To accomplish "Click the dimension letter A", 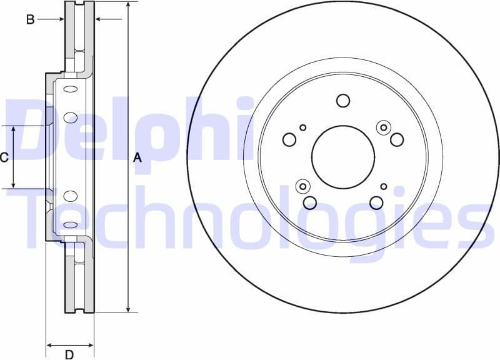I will [138, 159].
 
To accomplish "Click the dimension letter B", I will [29, 19].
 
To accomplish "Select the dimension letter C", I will [4, 157].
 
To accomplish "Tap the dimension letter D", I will [69, 355].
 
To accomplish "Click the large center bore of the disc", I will [343, 156].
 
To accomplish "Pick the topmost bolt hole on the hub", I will [343, 100].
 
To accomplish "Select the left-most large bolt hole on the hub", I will [289, 139].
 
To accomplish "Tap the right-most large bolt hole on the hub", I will [397, 139].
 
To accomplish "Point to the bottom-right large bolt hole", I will [376, 202].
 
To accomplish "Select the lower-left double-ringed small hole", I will [303, 186].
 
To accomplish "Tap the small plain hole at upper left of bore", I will [303, 127].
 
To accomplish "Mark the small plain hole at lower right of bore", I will [384, 186].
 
